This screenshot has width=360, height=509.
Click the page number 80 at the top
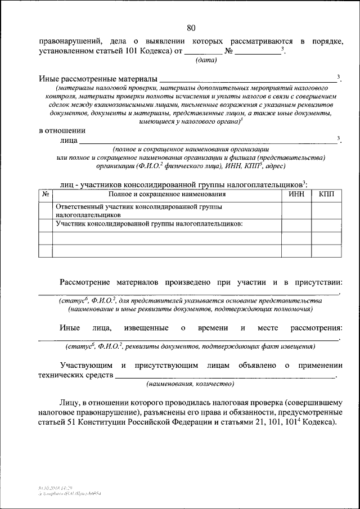(x=191, y=28)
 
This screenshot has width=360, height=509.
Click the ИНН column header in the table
(x=296, y=194)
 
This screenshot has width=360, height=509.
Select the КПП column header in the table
(x=326, y=194)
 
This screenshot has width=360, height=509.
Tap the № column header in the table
(x=46, y=194)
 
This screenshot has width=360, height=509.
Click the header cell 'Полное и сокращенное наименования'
(x=166, y=194)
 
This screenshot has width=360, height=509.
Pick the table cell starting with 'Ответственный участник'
(x=138, y=210)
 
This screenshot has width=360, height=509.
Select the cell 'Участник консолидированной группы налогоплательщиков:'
(x=148, y=224)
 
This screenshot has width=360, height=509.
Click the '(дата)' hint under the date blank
(x=206, y=61)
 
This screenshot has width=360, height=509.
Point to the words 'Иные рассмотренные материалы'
(x=98, y=78)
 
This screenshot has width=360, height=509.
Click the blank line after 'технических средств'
(x=225, y=375)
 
